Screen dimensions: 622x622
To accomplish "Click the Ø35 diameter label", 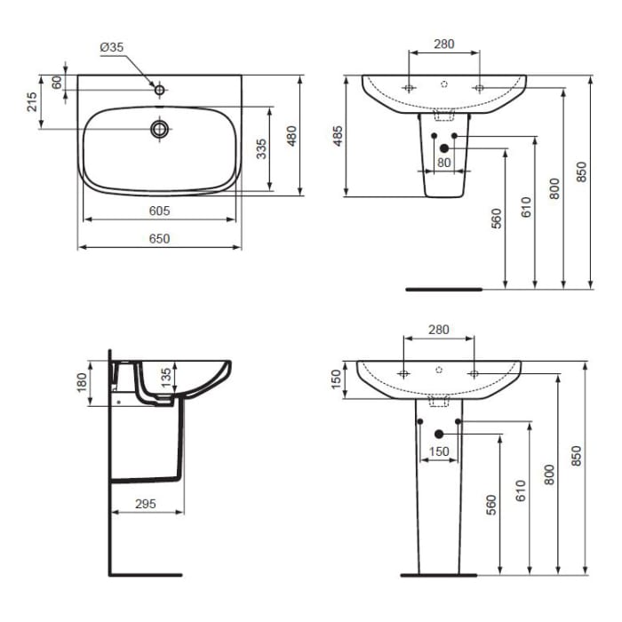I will (110, 47).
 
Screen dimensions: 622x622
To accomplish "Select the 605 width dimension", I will (159, 211).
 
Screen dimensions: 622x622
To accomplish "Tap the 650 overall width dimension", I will (159, 238).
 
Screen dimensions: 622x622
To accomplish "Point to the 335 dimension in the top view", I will (261, 148).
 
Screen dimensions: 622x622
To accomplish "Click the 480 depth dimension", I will (290, 135).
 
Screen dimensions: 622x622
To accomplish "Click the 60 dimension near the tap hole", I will (58, 82).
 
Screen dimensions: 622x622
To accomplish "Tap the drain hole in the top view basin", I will (160, 129).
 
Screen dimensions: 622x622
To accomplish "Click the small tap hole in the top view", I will (160, 89).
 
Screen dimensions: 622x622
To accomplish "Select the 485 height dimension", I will (337, 136).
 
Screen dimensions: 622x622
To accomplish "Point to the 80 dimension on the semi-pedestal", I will (443, 162).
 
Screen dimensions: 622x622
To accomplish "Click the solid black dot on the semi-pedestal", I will (444, 148).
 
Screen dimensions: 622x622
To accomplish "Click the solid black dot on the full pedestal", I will (438, 434).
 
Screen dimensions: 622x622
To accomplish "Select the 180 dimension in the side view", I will (82, 382).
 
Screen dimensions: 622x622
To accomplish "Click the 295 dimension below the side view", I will (147, 504).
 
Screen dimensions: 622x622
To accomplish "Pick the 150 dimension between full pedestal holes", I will (438, 451).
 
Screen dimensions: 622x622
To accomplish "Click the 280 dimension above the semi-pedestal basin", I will (443, 44).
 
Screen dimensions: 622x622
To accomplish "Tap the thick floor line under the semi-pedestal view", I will (443, 289).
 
